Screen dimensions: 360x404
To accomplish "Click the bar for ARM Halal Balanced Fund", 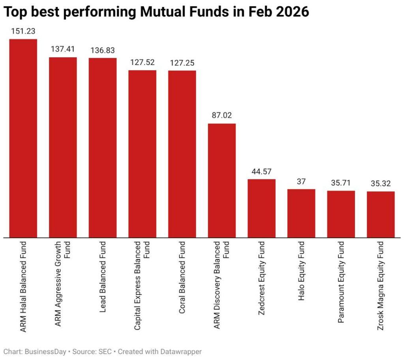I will (23, 138).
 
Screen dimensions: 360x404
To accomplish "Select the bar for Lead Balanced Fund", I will (103, 147).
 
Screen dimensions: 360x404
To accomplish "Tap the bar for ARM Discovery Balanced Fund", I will (222, 180).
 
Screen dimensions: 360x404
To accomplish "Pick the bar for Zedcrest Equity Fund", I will (262, 208).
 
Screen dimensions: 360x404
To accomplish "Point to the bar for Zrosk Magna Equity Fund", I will (381, 214).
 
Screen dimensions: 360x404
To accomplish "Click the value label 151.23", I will (23, 31).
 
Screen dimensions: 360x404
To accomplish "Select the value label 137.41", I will (63, 49).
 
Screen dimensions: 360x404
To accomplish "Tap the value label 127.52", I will (142, 62).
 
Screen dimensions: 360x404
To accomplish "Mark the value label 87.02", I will (222, 116).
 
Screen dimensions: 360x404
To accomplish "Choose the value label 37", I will (301, 181).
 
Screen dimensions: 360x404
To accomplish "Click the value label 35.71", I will (341, 183).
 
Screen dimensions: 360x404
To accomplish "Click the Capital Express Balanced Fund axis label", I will (142, 285).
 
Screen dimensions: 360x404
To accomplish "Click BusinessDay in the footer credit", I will (43, 351).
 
